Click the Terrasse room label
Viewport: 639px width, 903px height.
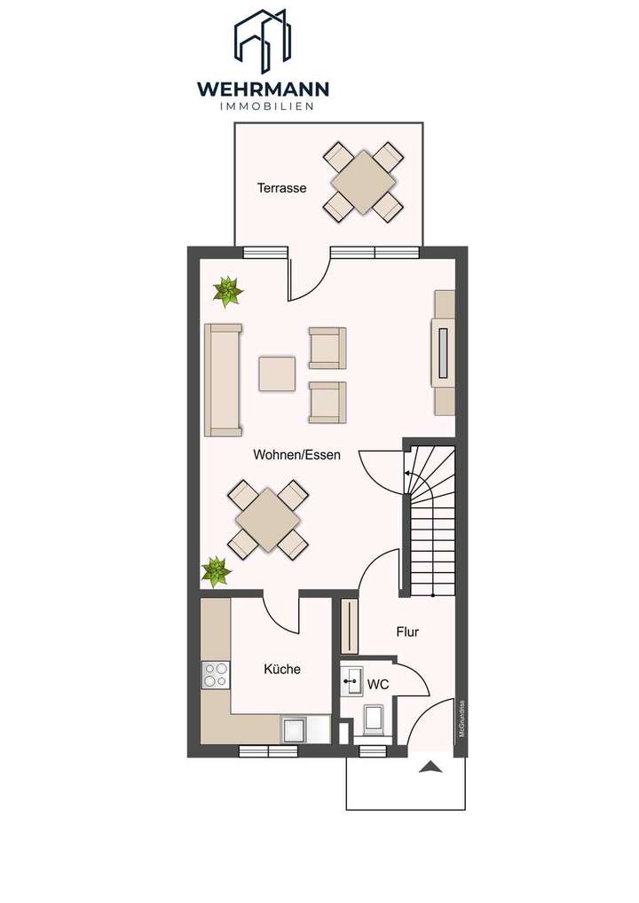click(281, 188)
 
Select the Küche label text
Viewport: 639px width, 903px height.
click(282, 669)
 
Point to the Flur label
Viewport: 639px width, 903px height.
click(406, 632)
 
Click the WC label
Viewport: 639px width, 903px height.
click(378, 685)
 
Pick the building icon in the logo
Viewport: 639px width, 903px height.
click(264, 40)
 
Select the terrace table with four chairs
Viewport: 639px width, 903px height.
click(363, 182)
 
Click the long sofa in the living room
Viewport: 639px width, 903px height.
click(223, 380)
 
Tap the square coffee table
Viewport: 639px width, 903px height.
click(277, 373)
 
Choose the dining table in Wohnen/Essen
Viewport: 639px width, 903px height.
click(268, 519)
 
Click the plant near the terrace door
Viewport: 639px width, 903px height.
click(228, 291)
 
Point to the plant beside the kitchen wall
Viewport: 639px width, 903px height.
click(216, 571)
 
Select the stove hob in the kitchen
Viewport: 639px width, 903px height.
click(215, 675)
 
